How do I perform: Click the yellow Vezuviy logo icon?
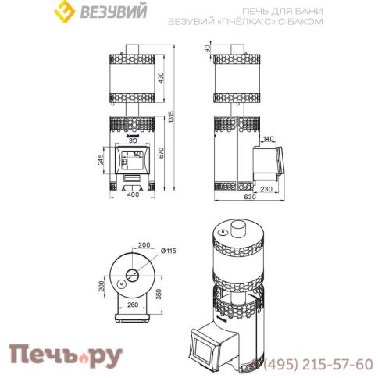pyautogui.click(x=64, y=11)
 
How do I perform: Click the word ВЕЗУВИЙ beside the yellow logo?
pyautogui.click(x=113, y=12)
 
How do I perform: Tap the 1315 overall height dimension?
pyautogui.click(x=171, y=117)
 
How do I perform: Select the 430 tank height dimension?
pyautogui.click(x=161, y=78)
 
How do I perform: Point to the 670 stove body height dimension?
pyautogui.click(x=161, y=153)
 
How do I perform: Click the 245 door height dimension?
pyautogui.click(x=101, y=159)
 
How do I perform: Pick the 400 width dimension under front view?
pyautogui.click(x=133, y=194)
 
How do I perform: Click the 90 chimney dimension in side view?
pyautogui.click(x=208, y=48)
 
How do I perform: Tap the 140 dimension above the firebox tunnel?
pyautogui.click(x=268, y=139)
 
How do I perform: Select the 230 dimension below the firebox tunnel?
pyautogui.click(x=266, y=189)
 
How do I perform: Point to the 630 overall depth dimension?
pyautogui.click(x=250, y=197)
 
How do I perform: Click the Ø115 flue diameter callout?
pyautogui.click(x=169, y=251)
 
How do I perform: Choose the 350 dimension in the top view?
pyautogui.click(x=159, y=294)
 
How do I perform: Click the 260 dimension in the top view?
pyautogui.click(x=133, y=305)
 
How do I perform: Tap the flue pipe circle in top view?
pyautogui.click(x=133, y=276)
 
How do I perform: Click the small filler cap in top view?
pyautogui.click(x=120, y=284)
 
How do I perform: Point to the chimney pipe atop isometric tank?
pyautogui.click(x=238, y=228)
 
